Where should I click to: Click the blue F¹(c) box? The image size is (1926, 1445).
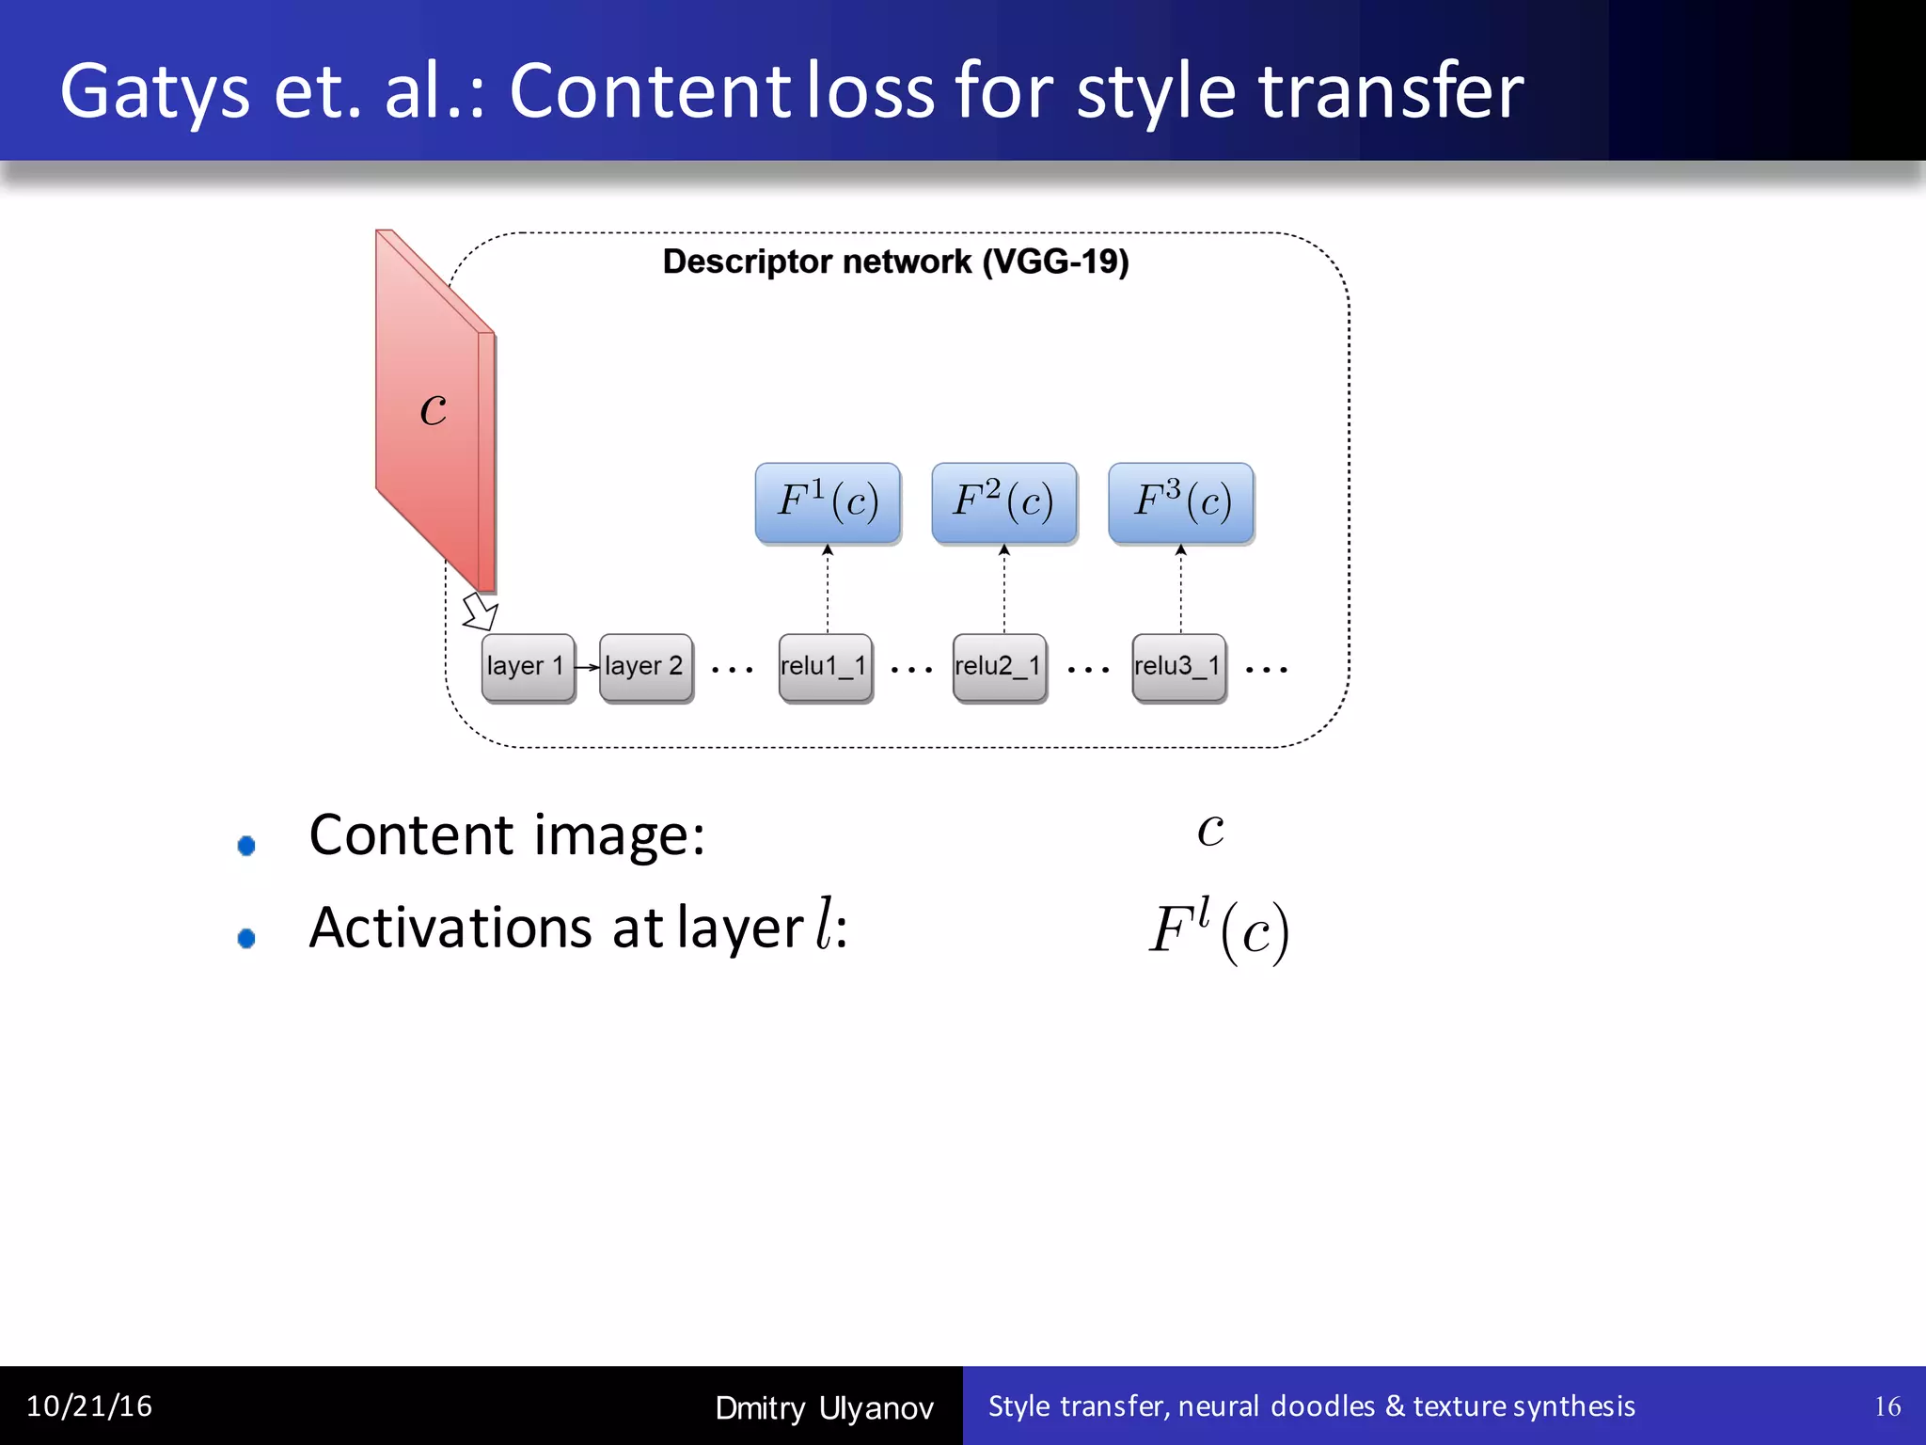(x=828, y=502)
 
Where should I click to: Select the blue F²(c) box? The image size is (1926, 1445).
(x=1003, y=502)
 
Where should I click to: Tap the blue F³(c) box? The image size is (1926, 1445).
(x=1181, y=502)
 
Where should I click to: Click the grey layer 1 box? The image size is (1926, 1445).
(x=527, y=667)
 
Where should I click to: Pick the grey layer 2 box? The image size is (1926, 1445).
(x=645, y=667)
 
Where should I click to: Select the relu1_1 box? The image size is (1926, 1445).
(x=825, y=667)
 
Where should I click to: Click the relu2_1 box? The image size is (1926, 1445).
(x=999, y=667)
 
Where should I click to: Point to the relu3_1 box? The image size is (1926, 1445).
(x=1178, y=667)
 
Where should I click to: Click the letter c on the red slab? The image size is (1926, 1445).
(x=433, y=409)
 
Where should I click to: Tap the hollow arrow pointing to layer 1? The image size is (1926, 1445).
(x=481, y=611)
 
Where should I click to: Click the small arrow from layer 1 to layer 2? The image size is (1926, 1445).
(x=587, y=667)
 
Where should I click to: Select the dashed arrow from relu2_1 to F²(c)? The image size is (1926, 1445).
(x=1003, y=588)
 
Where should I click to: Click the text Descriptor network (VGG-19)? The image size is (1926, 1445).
(x=895, y=262)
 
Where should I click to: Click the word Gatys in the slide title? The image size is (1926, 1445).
(x=155, y=92)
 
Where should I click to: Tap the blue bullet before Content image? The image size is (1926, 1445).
(x=246, y=846)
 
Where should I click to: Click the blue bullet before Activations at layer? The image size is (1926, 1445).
(x=246, y=938)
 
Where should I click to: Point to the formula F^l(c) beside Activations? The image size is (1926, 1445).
(x=1219, y=930)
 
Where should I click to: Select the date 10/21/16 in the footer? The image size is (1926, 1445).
(x=89, y=1406)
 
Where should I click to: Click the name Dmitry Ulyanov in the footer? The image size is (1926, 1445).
(x=824, y=1408)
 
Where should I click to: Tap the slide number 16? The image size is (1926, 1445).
(x=1887, y=1406)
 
